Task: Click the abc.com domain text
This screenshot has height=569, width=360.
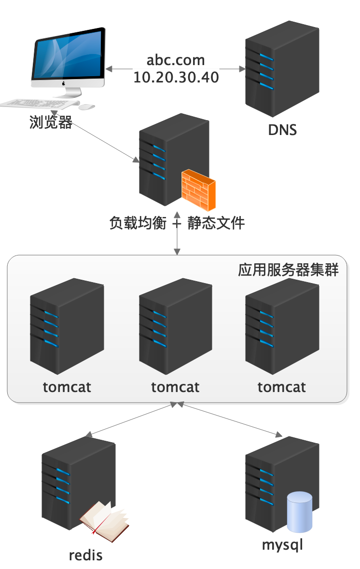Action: tap(176, 61)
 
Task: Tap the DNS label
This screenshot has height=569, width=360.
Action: tap(282, 130)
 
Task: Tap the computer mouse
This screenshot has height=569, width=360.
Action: tap(87, 107)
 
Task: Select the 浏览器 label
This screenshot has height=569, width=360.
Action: tap(51, 122)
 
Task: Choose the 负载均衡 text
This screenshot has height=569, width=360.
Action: tap(138, 223)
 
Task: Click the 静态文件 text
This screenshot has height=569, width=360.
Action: tap(216, 223)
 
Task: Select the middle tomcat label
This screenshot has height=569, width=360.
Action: tap(175, 387)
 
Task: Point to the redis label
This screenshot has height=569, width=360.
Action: tap(86, 555)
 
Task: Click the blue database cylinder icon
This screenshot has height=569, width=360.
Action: tap(299, 512)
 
